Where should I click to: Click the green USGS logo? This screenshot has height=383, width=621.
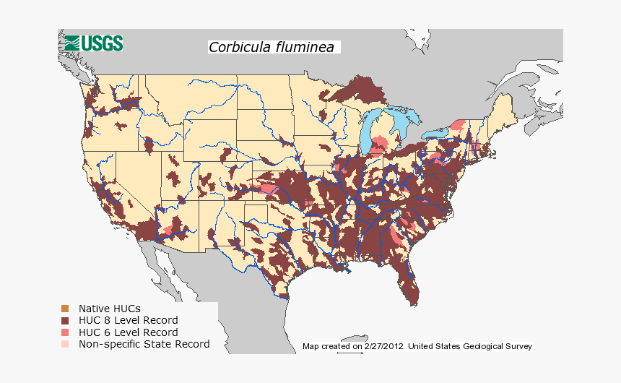point(92,43)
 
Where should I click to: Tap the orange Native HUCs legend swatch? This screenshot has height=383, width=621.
point(65,309)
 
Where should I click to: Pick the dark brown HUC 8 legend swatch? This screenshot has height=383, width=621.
point(65,320)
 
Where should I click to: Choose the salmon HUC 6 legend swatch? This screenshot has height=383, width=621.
point(65,332)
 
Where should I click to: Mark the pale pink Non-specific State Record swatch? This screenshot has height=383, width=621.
point(65,344)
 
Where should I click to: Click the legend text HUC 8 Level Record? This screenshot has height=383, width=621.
point(128,320)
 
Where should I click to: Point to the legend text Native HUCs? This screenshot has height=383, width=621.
point(110,309)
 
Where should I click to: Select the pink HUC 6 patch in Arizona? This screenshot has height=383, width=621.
point(168,230)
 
